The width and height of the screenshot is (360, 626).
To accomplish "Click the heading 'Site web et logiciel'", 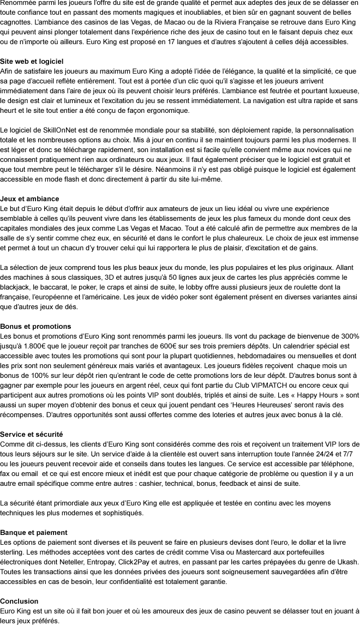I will [32, 61].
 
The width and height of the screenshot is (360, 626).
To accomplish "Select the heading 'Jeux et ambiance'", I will [29, 198].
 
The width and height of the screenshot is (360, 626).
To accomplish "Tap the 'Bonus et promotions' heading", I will [35, 326].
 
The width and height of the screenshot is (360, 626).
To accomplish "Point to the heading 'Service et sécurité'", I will [32, 434].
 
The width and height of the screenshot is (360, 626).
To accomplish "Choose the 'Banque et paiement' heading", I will [34, 532].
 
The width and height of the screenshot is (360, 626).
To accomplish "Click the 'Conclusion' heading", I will [19, 601].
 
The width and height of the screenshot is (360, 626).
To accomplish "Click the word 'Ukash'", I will [347, 562].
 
